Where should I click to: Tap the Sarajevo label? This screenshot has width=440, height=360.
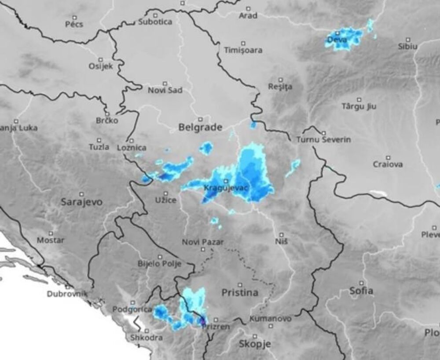coord(81,202)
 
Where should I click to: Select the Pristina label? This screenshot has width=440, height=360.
coord(240,292)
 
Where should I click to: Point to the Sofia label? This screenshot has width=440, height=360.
coord(361,291)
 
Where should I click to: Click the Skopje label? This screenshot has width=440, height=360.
coord(255,344)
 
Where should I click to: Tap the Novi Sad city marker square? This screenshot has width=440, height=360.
coord(165,83)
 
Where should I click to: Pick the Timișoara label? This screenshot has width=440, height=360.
coord(243,50)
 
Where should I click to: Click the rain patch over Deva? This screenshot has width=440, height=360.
coord(345,39)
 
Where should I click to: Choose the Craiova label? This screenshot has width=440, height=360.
coord(388,164)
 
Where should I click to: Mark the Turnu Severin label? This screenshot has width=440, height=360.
coord(324,140)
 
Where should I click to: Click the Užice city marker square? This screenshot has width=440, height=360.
coord(166,193)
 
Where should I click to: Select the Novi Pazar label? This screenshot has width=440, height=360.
coord(203,242)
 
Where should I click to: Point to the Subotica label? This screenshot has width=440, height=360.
coord(155,22)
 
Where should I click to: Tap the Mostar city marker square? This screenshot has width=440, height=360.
coord(51,233)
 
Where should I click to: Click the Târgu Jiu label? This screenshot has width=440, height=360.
coord(359,106)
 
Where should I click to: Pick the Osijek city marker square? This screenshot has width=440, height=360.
coord(101,59)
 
